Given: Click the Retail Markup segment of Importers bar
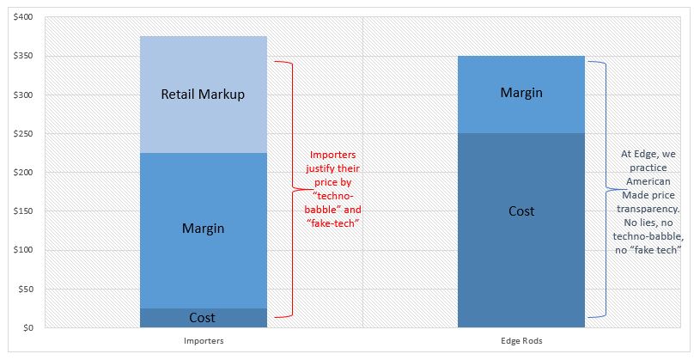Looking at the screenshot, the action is click(x=203, y=95).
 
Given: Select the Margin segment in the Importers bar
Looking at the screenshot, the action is click(x=203, y=230).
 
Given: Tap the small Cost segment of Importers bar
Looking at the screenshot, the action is click(x=203, y=318).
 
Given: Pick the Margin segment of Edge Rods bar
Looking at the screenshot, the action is click(x=521, y=95).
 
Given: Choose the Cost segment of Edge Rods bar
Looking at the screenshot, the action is click(x=521, y=230).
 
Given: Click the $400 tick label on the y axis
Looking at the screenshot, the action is click(x=23, y=17).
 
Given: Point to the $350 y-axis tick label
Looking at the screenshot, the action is click(x=23, y=56).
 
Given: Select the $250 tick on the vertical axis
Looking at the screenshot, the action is click(x=23, y=133).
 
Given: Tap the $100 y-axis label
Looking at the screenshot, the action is click(x=23, y=250).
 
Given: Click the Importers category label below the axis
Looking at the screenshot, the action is click(x=204, y=341).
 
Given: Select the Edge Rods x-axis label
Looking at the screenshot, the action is click(x=521, y=341).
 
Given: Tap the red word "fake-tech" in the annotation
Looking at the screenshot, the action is click(x=333, y=223).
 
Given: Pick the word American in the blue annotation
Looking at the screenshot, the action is click(x=648, y=181).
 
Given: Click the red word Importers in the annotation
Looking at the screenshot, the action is click(x=333, y=155).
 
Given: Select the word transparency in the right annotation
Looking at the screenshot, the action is click(x=648, y=209).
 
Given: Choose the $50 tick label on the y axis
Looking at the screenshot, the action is click(x=25, y=289).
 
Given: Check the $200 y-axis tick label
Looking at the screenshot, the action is click(x=23, y=173).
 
